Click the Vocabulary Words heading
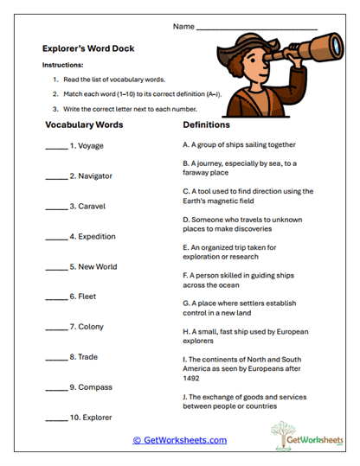click(x=83, y=124)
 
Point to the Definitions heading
click(x=212, y=124)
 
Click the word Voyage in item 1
click(x=90, y=146)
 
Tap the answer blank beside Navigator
click(x=55, y=176)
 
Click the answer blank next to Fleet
click(x=55, y=297)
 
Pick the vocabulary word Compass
click(x=95, y=387)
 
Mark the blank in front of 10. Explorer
click(x=55, y=418)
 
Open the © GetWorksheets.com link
click(x=179, y=440)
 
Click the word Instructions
click(x=63, y=65)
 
